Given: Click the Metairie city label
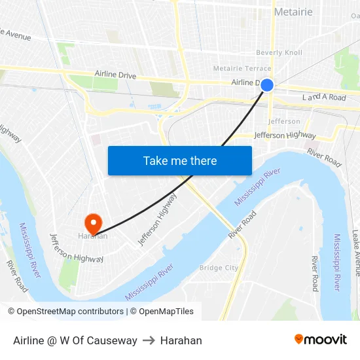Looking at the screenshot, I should tap(293, 12).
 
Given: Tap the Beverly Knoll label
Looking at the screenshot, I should tap(279, 52).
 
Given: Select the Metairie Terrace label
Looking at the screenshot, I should tap(242, 68).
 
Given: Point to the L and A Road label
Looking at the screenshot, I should tap(324, 98).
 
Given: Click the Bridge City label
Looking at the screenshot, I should tap(219, 268).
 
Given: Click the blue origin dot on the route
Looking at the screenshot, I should tap(267, 85).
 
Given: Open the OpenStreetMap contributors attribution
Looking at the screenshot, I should tap(65, 312).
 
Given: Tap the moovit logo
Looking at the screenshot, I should tap(320, 340).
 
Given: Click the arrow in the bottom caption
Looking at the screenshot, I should tap(149, 340).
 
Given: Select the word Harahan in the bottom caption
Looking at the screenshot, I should tap(181, 340).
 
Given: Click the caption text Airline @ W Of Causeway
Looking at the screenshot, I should tap(75, 340).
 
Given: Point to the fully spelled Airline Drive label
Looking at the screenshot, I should tap(115, 75).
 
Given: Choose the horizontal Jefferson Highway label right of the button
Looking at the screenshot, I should tap(285, 135).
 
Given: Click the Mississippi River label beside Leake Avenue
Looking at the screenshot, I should tap(337, 262).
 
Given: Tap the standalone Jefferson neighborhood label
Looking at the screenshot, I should tap(284, 121).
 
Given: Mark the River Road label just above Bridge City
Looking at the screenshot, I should tap(242, 226).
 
